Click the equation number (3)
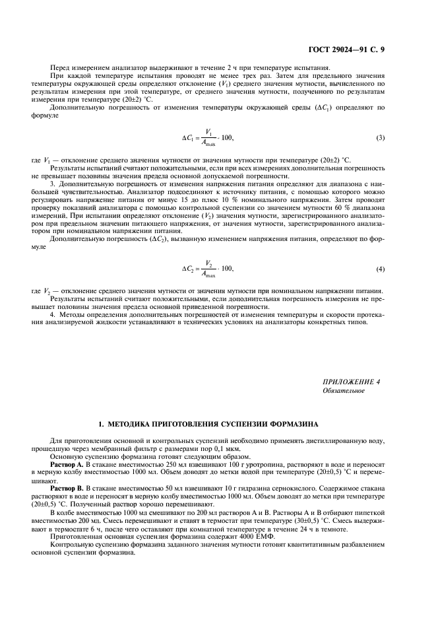(380, 137)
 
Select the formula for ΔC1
(207, 137)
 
